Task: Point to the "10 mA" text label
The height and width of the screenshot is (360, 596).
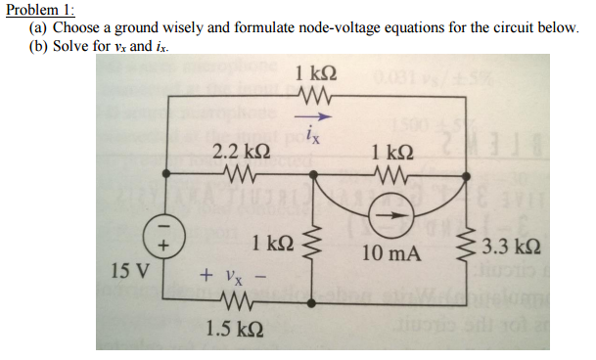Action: click(390, 253)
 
